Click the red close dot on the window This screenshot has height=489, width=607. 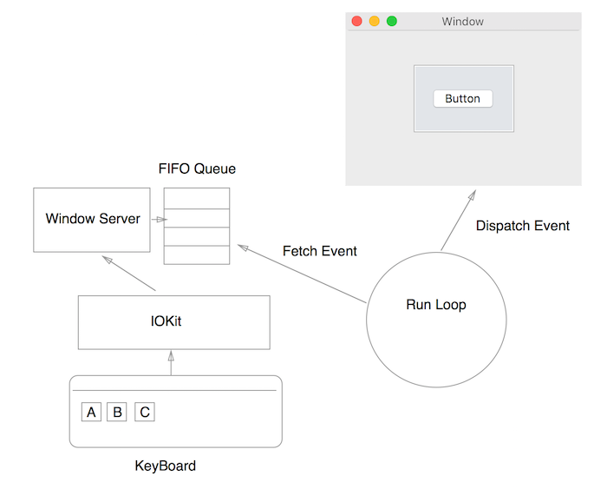[356, 21]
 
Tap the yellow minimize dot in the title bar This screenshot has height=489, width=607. [374, 21]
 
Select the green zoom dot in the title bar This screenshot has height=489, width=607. [391, 21]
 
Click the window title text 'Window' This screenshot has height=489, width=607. [462, 21]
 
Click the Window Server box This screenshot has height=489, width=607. [93, 220]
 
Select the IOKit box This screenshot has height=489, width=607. [173, 321]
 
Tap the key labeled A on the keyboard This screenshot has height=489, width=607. [91, 412]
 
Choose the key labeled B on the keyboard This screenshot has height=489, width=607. [117, 412]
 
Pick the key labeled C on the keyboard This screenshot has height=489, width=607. [145, 412]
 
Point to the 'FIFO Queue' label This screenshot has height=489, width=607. [197, 169]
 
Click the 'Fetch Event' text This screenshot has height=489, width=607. [320, 251]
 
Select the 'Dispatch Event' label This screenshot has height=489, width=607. [522, 226]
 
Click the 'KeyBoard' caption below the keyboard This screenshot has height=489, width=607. [165, 466]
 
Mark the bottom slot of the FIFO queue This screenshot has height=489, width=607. [197, 255]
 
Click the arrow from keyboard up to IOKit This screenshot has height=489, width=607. [171, 362]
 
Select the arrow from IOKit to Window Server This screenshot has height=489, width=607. [129, 274]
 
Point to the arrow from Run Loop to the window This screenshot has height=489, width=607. [457, 219]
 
